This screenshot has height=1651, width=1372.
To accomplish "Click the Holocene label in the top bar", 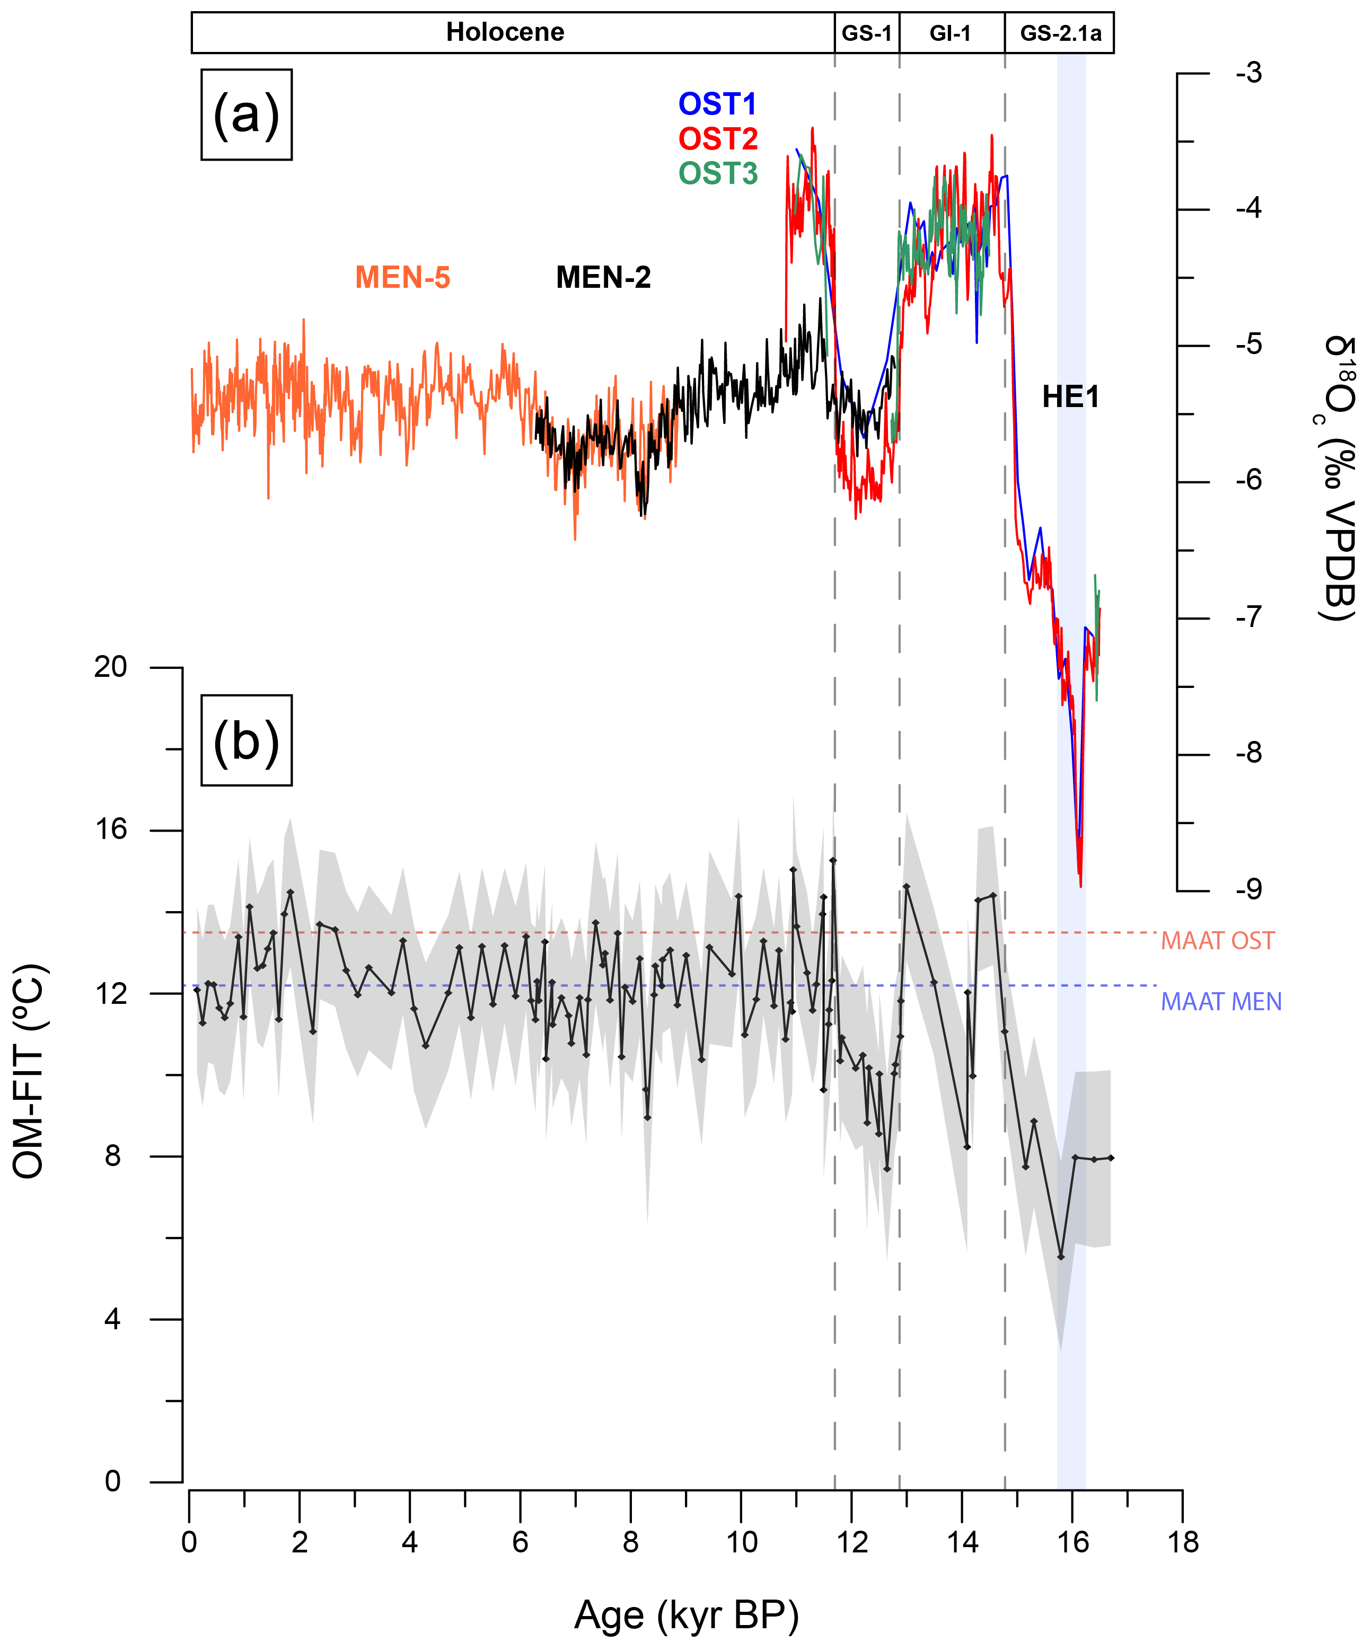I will tap(505, 32).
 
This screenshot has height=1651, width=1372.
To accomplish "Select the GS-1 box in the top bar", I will tap(866, 33).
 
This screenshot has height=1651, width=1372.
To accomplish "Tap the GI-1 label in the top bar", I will tap(950, 33).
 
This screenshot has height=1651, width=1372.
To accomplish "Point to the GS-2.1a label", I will tap(1060, 33).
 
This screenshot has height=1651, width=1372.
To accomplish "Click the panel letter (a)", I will tap(246, 115).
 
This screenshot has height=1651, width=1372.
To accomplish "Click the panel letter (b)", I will tap(246, 740).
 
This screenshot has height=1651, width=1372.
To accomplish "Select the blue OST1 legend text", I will tap(717, 104).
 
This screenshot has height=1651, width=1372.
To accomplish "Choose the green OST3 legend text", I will tap(718, 173).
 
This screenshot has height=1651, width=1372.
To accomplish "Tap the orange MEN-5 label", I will tap(402, 278).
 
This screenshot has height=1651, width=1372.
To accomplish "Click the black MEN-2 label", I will tap(603, 278).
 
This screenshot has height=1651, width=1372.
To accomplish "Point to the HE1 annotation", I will tap(1070, 397).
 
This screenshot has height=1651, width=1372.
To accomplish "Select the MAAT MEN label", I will tap(1221, 1002).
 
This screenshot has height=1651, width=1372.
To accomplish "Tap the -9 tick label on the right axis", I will tap(1248, 889).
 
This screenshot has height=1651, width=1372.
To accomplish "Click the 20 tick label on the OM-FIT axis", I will tap(110, 667).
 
